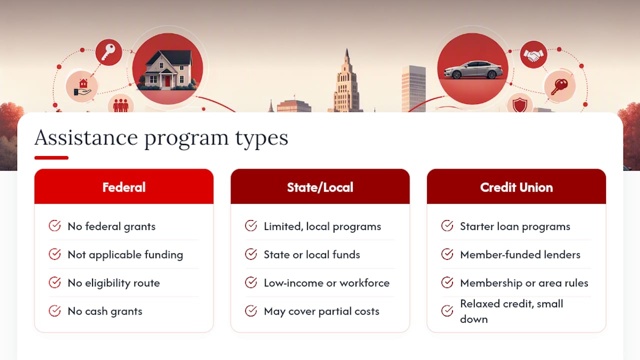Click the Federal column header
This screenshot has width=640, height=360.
pyautogui.click(x=123, y=187)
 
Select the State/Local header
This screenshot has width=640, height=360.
pyautogui.click(x=320, y=187)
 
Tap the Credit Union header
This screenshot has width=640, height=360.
pyautogui.click(x=516, y=187)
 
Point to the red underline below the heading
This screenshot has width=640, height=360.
pyautogui.click(x=51, y=157)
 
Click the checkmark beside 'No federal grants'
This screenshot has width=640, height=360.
pyautogui.click(x=54, y=225)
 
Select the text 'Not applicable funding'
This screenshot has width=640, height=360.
pyautogui.click(x=125, y=254)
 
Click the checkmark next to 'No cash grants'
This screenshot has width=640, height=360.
pyautogui.click(x=54, y=311)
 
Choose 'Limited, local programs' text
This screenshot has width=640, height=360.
pyautogui.click(x=322, y=226)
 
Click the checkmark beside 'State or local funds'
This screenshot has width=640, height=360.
pyautogui.click(x=251, y=254)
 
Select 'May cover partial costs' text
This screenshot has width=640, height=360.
pyautogui.click(x=321, y=311)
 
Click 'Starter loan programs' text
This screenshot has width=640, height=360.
pyautogui.click(x=515, y=226)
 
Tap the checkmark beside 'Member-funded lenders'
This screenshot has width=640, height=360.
pyautogui.click(x=447, y=254)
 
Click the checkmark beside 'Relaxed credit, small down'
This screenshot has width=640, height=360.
pyautogui.click(x=447, y=311)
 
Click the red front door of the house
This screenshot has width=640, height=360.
pyautogui.click(x=167, y=81)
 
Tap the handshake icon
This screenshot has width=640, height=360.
pyautogui.click(x=533, y=55)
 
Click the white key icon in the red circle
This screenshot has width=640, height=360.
pyautogui.click(x=108, y=52)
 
